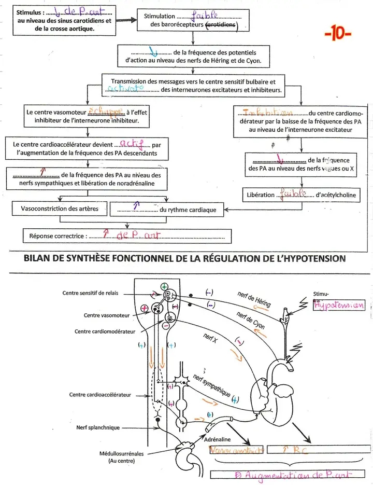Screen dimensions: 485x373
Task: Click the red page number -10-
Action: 337,35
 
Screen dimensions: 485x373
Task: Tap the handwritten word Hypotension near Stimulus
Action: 339,305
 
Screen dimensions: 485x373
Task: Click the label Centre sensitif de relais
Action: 90,293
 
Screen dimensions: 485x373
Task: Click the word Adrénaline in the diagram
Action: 221,439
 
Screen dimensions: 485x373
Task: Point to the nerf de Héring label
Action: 254,299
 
